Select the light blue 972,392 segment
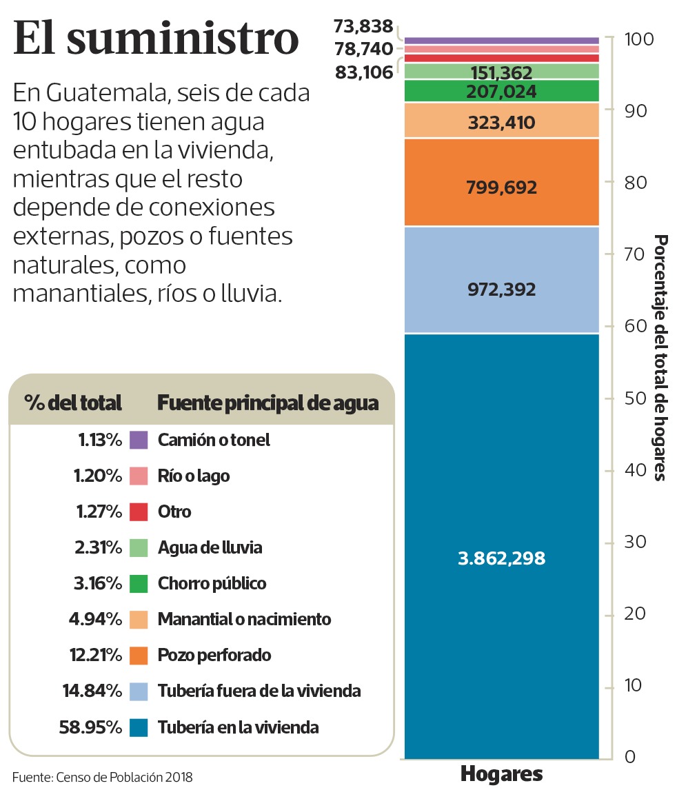click(x=501, y=290)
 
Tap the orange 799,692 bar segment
click(x=501, y=188)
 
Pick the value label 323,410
click(x=501, y=123)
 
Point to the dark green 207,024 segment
click(x=501, y=92)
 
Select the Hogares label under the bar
click(x=501, y=773)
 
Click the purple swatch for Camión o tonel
click(x=139, y=440)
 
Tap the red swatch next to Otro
click(x=139, y=512)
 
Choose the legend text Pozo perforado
click(x=214, y=655)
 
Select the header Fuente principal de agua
click(x=267, y=403)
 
